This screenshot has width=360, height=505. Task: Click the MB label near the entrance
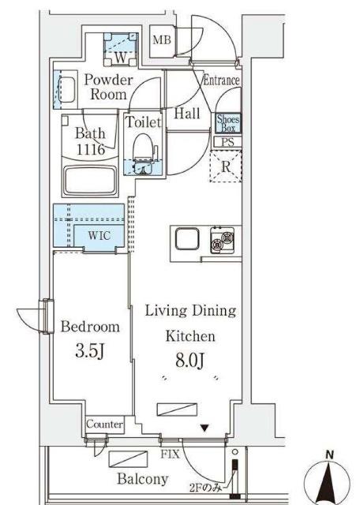pyautogui.click(x=162, y=40)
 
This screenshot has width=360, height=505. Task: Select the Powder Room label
pyautogui.click(x=108, y=88)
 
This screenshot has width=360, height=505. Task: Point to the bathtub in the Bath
pyautogui.click(x=90, y=181)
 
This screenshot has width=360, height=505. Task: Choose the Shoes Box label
pyautogui.click(x=228, y=123)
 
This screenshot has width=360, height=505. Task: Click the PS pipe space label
pyautogui.click(x=227, y=142)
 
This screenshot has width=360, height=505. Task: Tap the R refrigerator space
pyautogui.click(x=226, y=166)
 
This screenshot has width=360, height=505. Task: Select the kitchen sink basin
pyautogui.click(x=187, y=238)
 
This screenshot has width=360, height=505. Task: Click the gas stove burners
pyautogui.click(x=223, y=240)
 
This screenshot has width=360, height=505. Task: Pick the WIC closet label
pyautogui.click(x=99, y=236)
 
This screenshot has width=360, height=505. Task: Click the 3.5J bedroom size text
pyautogui.click(x=89, y=350)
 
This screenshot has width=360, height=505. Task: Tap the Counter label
pyautogui.click(x=105, y=425)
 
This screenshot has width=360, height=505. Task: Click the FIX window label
pyautogui.click(x=171, y=454)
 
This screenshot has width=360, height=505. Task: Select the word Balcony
pyautogui.click(x=142, y=479)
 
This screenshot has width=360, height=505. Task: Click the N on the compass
pyautogui.click(x=329, y=455)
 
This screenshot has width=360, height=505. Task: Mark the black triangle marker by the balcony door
pyautogui.click(x=204, y=428)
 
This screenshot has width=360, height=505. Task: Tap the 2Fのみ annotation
pyautogui.click(x=205, y=488)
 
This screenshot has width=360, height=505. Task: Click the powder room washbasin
pyautogui.click(x=67, y=90)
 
